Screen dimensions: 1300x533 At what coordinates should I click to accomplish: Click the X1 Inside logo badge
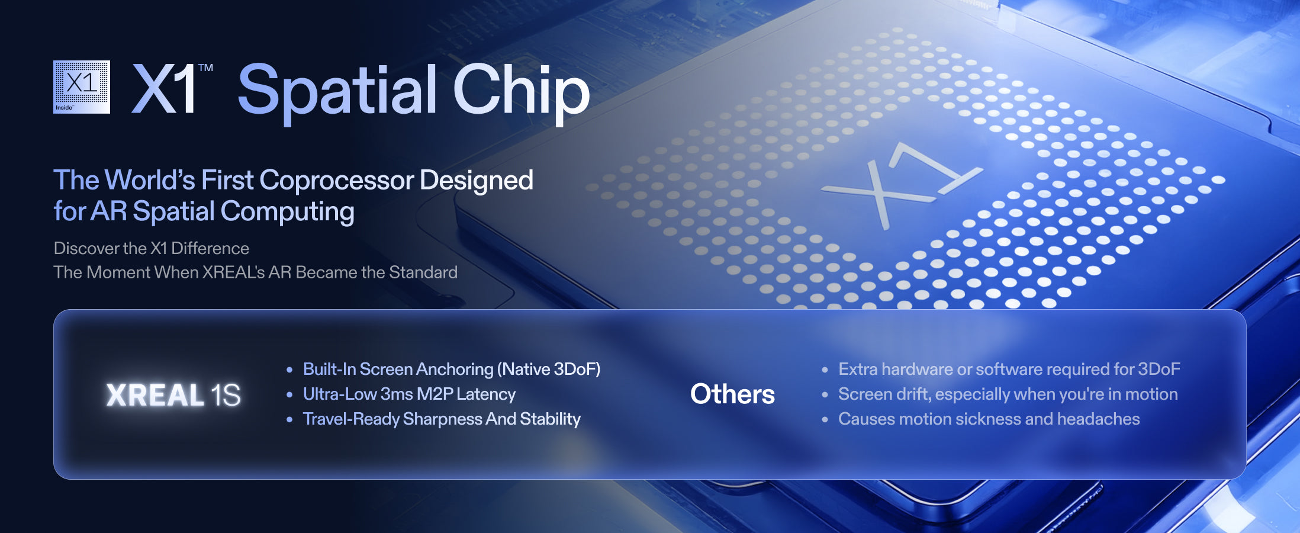point(82,86)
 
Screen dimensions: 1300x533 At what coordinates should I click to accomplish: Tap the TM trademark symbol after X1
point(205,68)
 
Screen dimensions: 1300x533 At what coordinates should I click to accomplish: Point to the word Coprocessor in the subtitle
point(336,181)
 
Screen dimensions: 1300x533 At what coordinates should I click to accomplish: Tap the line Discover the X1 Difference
point(152,248)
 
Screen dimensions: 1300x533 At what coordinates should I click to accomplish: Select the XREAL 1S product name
point(173,395)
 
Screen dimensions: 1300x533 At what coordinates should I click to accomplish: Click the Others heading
point(732,394)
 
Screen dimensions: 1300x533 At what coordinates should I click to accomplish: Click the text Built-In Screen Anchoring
point(398,370)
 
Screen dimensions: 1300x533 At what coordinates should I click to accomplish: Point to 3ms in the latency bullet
point(397,394)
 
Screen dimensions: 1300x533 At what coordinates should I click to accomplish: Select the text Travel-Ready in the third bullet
point(351,419)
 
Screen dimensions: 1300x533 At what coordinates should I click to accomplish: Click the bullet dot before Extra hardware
point(825,370)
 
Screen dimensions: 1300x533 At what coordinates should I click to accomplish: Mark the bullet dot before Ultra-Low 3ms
point(289,395)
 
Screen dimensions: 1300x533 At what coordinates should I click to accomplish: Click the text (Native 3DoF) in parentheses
point(549,370)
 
